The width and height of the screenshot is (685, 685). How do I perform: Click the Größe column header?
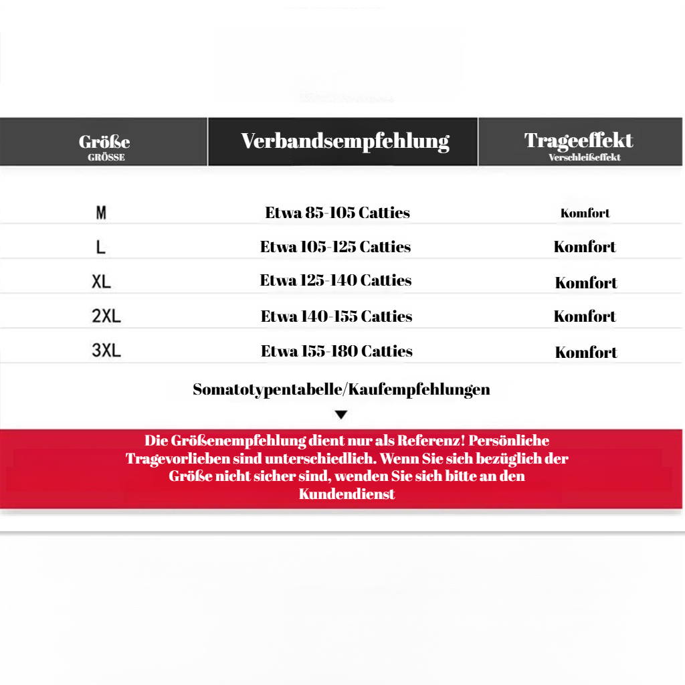[x=104, y=142]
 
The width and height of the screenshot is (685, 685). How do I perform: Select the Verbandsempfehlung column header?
[x=345, y=141]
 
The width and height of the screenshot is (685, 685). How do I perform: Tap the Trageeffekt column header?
[x=579, y=140]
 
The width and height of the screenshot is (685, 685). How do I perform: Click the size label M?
[x=101, y=213]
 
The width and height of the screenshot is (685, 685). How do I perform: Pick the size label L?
[x=101, y=248]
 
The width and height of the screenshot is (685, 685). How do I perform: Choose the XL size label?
[x=102, y=282]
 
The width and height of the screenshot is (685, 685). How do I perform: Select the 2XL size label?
[x=106, y=316]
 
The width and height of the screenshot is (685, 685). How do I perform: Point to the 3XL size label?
[x=106, y=351]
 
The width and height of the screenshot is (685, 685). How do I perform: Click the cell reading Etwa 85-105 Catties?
[x=338, y=213]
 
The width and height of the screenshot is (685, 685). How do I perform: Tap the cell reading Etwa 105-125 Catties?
[x=336, y=247]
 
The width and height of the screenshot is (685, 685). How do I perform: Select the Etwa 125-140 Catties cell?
[x=336, y=280]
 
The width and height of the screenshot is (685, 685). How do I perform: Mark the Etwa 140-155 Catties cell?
[x=336, y=316]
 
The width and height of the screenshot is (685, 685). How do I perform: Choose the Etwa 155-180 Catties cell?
[x=336, y=351]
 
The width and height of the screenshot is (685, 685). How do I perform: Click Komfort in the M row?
[x=585, y=214]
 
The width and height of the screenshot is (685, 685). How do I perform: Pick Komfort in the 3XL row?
[x=586, y=353]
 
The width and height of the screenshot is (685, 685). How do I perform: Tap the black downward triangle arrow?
[x=341, y=415]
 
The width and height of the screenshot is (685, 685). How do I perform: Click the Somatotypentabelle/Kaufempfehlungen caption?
[x=341, y=389]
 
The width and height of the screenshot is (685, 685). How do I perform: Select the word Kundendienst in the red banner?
[x=347, y=494]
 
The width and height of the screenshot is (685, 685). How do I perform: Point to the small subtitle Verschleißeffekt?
[x=585, y=158]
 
